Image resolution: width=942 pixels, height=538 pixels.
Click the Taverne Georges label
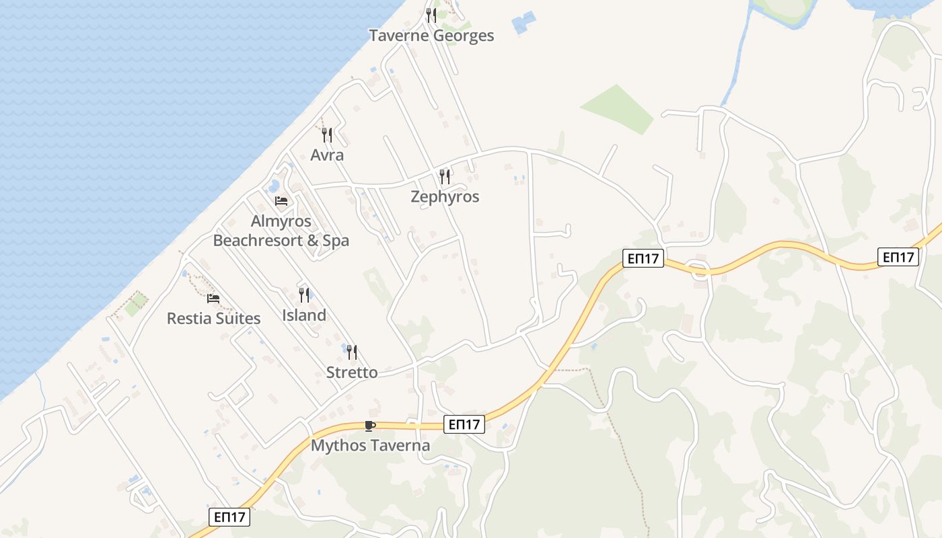(431, 36)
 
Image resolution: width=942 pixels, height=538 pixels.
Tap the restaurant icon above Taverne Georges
(431, 15)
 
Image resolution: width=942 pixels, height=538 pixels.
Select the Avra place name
(327, 155)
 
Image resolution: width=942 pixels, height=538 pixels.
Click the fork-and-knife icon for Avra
(327, 134)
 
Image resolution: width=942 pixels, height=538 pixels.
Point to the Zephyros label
(445, 197)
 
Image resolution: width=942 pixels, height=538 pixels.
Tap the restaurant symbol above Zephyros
(445, 176)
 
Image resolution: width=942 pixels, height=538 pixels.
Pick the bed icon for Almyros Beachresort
(281, 200)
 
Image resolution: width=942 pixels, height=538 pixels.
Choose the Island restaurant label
(304, 315)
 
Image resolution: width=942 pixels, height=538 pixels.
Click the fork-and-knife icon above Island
(304, 295)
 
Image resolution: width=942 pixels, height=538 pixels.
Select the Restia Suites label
(213, 319)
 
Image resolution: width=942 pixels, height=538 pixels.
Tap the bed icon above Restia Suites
(213, 298)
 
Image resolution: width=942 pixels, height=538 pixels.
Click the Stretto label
(352, 373)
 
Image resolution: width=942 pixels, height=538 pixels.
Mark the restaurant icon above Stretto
(352, 352)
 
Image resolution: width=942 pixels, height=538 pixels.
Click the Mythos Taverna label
(370, 446)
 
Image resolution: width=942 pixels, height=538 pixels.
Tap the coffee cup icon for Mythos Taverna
(369, 425)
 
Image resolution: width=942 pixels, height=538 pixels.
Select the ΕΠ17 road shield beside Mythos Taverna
(464, 424)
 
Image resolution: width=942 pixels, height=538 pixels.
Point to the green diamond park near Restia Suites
(136, 304)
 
